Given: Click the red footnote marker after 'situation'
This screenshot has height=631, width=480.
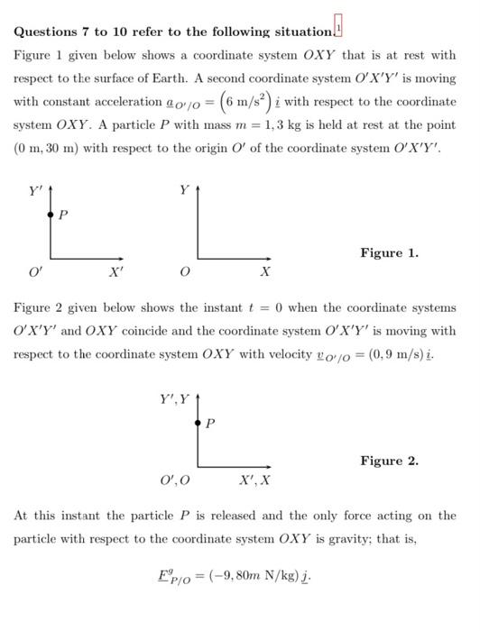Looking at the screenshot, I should (x=338, y=24).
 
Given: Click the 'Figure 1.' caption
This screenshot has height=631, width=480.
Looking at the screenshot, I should (x=389, y=253).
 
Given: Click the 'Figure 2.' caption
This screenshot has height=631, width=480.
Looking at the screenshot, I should (x=389, y=461).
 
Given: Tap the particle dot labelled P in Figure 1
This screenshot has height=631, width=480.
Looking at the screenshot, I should (x=51, y=215).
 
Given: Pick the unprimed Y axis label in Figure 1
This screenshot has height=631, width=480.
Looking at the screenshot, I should (x=184, y=191).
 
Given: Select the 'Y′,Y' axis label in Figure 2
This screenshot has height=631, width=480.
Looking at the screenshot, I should (x=175, y=398).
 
